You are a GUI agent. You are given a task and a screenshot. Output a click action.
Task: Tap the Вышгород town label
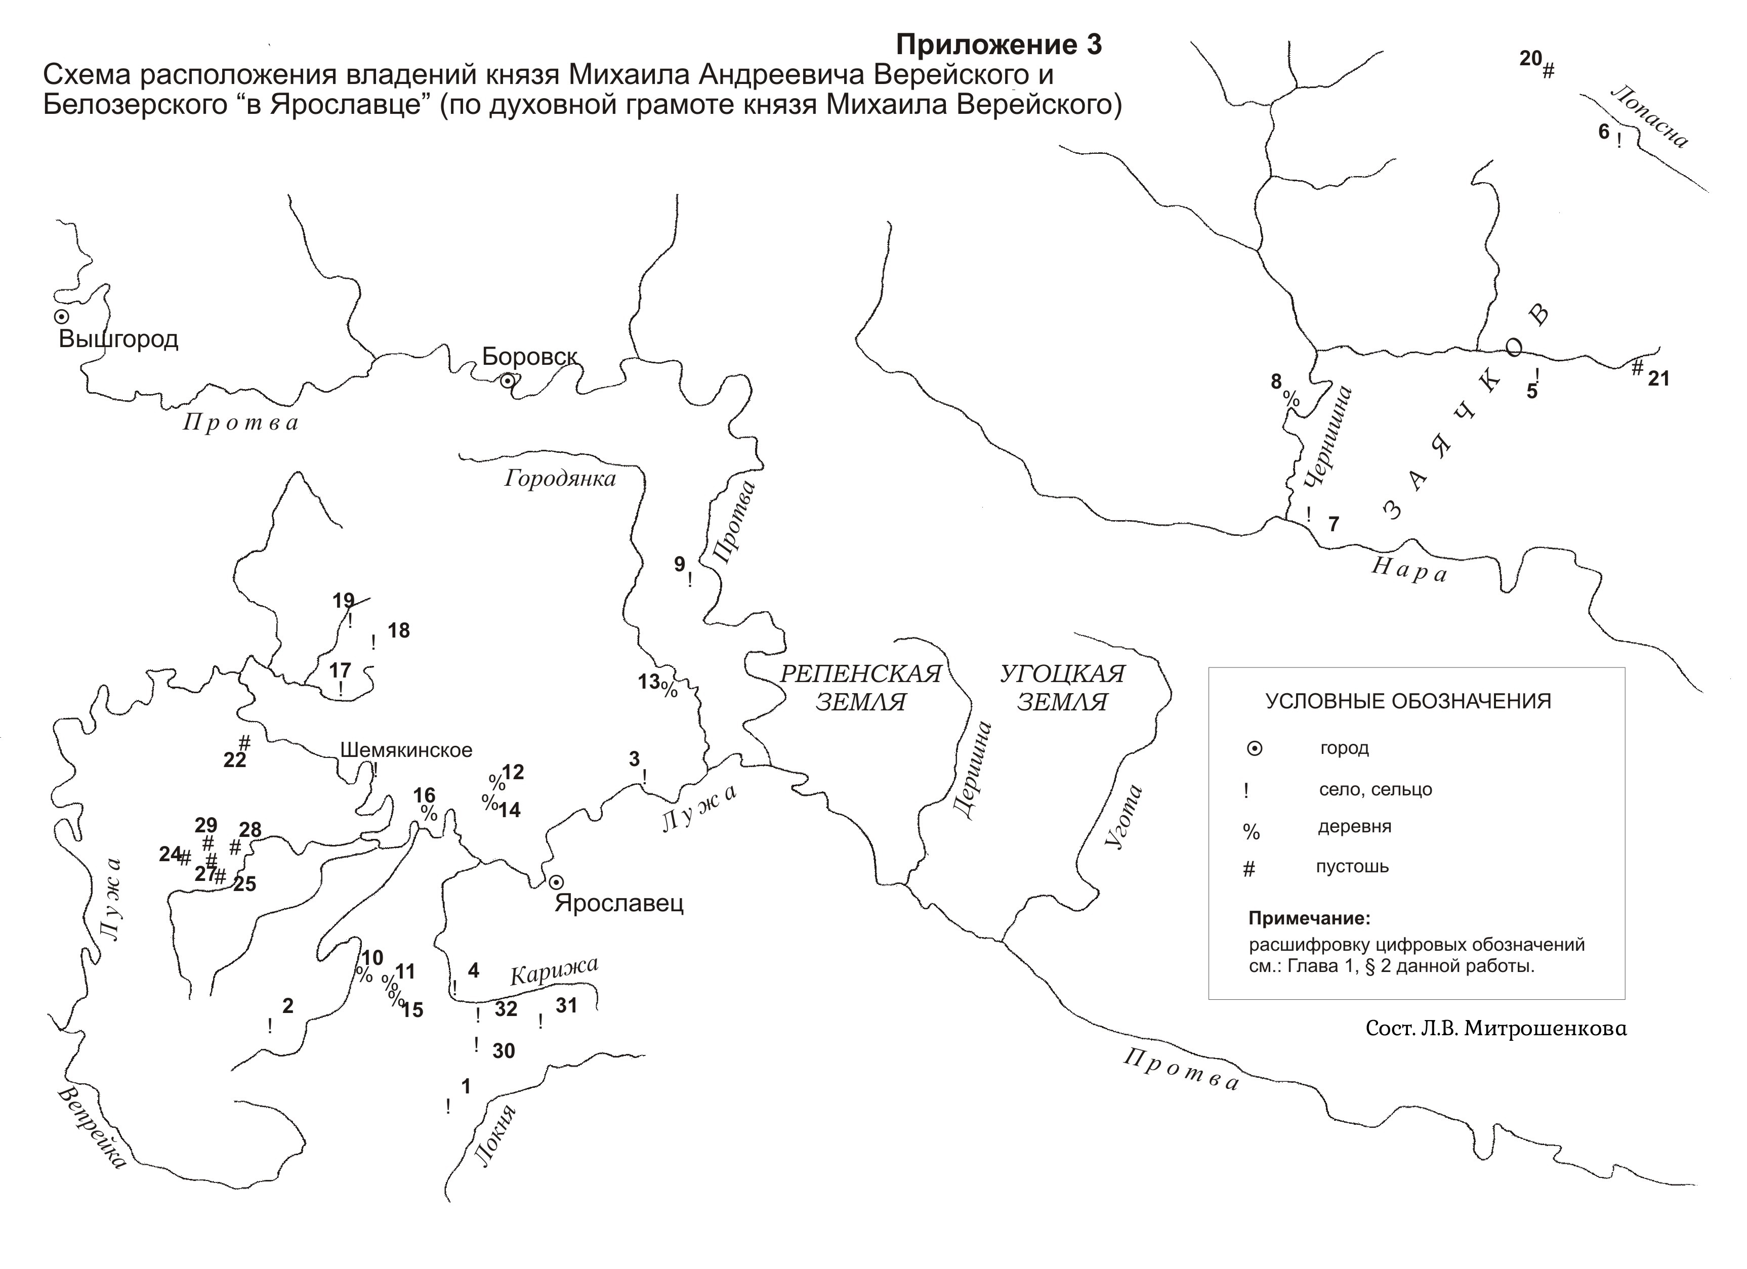click(118, 340)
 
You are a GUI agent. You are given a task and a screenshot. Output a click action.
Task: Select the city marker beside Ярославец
click(556, 882)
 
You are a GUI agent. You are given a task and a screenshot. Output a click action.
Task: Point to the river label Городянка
click(560, 479)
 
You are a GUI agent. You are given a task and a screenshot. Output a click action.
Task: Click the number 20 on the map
click(1530, 59)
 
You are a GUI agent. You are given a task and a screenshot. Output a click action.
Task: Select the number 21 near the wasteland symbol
click(1658, 379)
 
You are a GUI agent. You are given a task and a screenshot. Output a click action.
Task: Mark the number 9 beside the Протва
click(679, 565)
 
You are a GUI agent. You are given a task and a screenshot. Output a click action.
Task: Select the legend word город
click(1344, 748)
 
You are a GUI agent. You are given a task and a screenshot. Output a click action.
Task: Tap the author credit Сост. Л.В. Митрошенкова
click(1496, 1029)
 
